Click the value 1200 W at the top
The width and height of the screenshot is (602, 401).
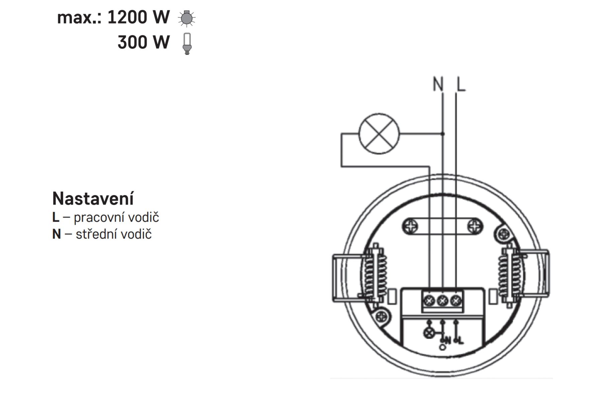tap(138, 17)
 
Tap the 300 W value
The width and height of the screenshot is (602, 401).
tap(144, 42)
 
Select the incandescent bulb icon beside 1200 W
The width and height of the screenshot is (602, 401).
tap(187, 18)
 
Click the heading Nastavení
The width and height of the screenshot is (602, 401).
tap(93, 199)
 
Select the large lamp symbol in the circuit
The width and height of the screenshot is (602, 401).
tap(379, 134)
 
